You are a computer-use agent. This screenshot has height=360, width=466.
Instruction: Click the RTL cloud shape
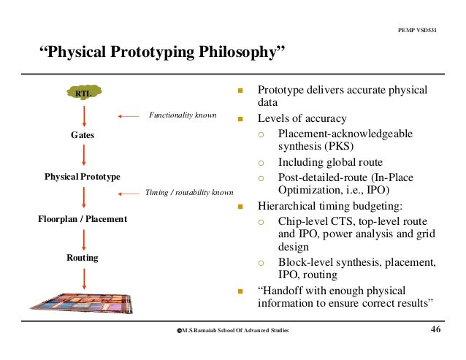pos(84,93)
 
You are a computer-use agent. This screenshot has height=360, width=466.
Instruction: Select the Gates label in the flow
pos(83,135)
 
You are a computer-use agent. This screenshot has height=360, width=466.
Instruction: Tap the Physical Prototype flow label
pos(83,177)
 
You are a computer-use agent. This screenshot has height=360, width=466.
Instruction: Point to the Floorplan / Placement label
pos(83,218)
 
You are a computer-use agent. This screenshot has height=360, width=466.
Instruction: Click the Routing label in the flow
pos(83,258)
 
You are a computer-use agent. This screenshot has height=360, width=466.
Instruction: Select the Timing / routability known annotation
pos(190,193)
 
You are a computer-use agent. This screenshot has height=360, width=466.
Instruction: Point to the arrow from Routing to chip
pos(85,278)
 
